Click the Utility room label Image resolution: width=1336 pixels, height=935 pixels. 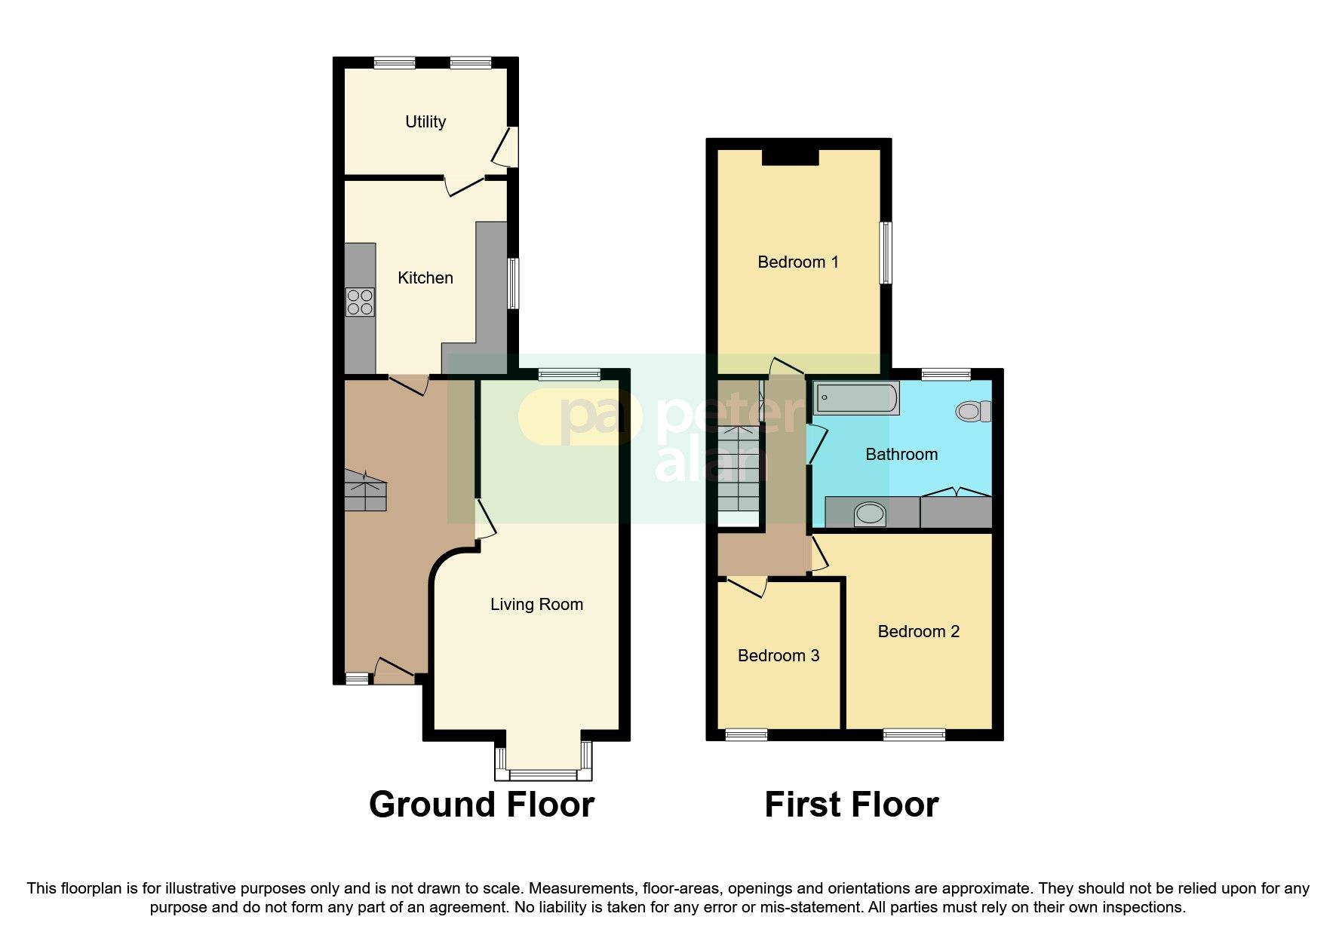(x=425, y=122)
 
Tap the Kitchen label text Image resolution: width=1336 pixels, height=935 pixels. (x=425, y=278)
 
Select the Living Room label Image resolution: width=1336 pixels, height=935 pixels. (x=536, y=605)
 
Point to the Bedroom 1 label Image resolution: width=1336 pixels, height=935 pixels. (x=798, y=262)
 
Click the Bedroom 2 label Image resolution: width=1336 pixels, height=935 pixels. (x=919, y=632)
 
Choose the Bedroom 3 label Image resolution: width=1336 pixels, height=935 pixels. (x=779, y=656)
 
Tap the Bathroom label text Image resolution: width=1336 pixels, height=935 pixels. (x=901, y=455)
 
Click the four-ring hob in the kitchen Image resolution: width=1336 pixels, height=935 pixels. (x=360, y=302)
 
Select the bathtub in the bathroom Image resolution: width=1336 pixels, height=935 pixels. (x=857, y=398)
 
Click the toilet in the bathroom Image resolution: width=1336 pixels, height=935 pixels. (x=973, y=412)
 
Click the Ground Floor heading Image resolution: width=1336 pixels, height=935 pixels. (x=481, y=805)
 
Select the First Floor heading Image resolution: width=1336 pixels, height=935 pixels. (x=852, y=805)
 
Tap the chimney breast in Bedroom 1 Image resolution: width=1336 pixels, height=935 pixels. (x=790, y=157)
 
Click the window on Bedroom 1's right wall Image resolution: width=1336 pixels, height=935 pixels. (x=886, y=253)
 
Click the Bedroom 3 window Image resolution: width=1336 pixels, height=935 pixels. (x=746, y=734)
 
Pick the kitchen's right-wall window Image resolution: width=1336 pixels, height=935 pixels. (x=513, y=284)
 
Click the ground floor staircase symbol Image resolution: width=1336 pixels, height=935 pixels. (x=365, y=492)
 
